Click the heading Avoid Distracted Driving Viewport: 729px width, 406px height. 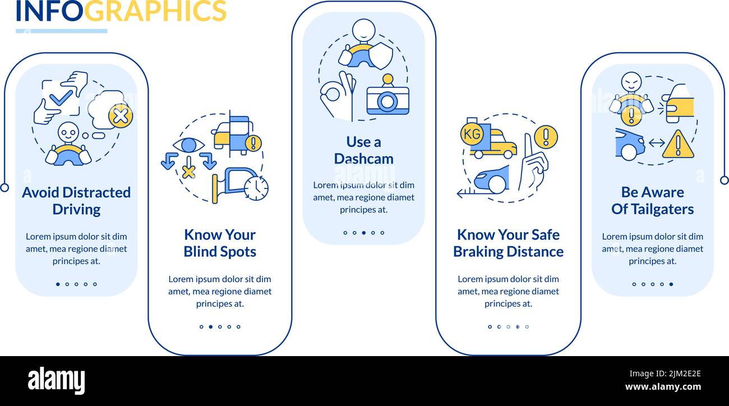tap(76, 201)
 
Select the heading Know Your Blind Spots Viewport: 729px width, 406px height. tap(220, 243)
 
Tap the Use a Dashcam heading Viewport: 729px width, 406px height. tap(363, 150)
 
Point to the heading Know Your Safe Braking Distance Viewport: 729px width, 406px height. tap(508, 243)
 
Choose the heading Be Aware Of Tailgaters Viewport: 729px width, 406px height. tap(652, 201)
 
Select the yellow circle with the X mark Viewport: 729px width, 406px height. tap(121, 116)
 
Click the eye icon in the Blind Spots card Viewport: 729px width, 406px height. tap(188, 145)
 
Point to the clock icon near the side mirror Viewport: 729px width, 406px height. tap(256, 188)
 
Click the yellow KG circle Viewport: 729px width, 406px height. tap(471, 133)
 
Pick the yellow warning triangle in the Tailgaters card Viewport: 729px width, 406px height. tap(677, 145)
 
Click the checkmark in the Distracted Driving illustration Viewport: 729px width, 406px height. tap(61, 98)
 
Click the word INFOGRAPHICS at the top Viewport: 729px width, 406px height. tap(121, 11)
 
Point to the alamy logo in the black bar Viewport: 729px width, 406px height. tap(56, 381)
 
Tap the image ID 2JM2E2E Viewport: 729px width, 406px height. tap(679, 374)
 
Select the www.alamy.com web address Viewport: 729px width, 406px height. tap(663, 387)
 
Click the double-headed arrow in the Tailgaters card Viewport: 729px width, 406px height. tap(656, 144)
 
